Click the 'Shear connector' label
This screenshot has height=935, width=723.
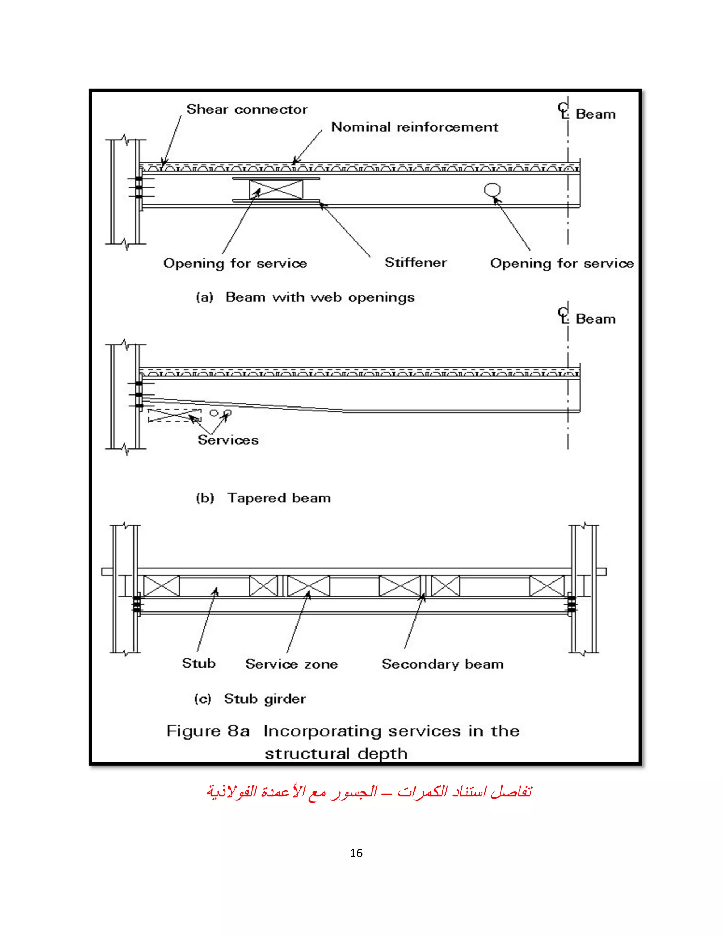pos(247,110)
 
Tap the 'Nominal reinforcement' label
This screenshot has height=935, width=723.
pos(414,127)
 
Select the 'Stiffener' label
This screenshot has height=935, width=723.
pos(416,263)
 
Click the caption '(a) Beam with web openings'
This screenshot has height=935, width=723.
pos(305,297)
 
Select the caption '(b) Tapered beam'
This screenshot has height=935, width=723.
pos(263,498)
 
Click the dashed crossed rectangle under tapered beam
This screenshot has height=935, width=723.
pos(174,415)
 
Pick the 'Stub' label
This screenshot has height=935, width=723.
pos(199,663)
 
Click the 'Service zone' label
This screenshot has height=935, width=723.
pos(292,664)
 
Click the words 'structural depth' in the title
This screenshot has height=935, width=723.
pos(336,754)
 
